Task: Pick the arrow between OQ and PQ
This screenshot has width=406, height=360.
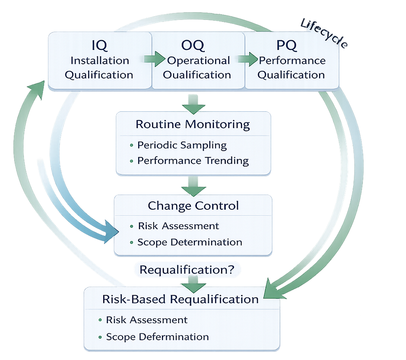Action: coord(248,59)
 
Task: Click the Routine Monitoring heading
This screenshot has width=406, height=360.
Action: coord(193,124)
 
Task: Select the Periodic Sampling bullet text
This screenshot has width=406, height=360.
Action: coord(182,145)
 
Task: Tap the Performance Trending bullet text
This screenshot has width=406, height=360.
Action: coord(193,161)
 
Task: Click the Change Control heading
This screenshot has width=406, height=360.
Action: coord(193,206)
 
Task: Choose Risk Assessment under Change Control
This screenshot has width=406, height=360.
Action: coord(178,226)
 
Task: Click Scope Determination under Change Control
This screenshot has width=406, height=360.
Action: coord(190,242)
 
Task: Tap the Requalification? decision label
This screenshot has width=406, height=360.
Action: coord(187,269)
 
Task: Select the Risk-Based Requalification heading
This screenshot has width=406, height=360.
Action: coord(180,299)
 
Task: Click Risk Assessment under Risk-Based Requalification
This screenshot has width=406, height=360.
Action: coord(147,320)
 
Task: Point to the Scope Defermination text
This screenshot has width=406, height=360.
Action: coord(157,336)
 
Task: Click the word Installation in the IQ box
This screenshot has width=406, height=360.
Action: coord(99,60)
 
